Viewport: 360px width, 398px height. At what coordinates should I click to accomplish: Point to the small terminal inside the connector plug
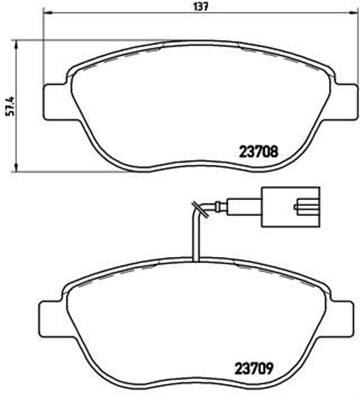[306, 205]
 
